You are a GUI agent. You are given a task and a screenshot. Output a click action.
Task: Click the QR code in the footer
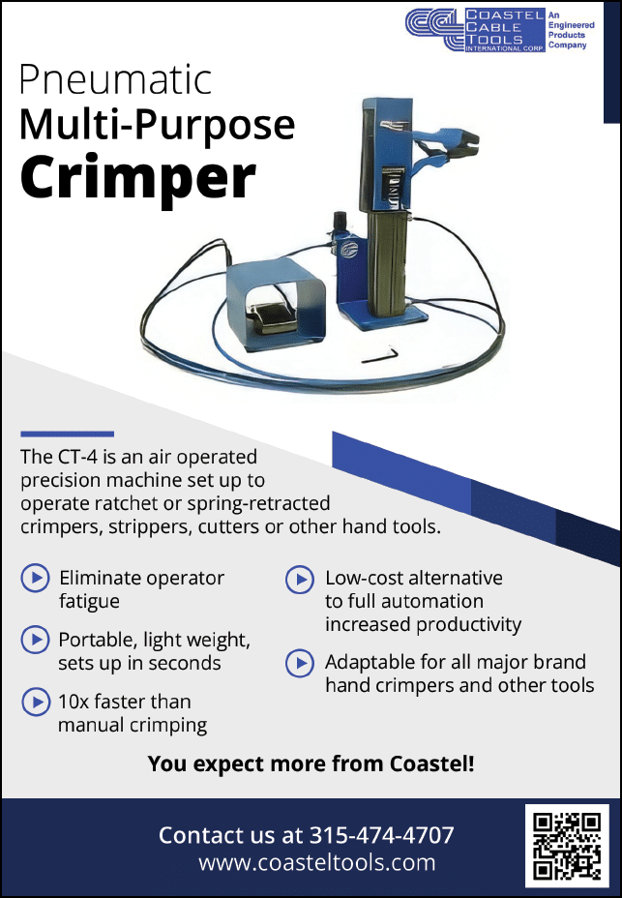point(567,846)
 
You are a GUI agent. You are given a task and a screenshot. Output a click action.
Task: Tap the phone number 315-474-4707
point(382,835)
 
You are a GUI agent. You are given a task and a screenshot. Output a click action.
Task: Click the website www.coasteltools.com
point(316,862)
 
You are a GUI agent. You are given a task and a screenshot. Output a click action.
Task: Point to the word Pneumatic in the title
point(116,79)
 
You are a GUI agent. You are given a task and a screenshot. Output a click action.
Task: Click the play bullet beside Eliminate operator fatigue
point(35,578)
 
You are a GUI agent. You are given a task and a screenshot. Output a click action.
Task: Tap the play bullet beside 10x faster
point(36,702)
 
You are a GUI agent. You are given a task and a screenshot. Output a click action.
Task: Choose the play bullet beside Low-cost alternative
point(300,580)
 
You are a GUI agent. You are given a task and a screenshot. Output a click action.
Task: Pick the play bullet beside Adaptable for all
point(300,663)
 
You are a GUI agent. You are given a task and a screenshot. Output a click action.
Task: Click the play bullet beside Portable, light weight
point(35,640)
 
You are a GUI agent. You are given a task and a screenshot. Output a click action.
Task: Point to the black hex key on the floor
point(379,355)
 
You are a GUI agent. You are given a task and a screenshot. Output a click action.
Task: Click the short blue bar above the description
point(67,434)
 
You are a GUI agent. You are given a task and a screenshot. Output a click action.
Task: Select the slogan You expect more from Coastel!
point(311,764)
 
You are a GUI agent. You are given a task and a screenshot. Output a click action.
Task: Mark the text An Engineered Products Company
point(571,30)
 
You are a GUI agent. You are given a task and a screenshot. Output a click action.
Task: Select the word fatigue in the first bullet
point(89,602)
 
